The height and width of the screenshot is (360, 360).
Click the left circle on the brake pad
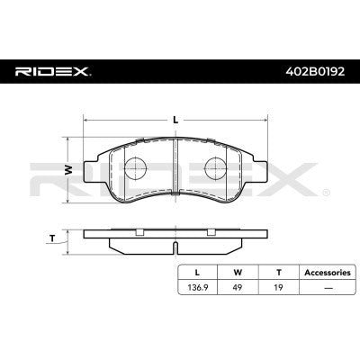click(135, 168)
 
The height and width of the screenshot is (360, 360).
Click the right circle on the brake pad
click(217, 168)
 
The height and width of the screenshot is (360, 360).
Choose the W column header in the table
click(238, 271)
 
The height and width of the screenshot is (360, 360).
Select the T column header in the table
click(277, 271)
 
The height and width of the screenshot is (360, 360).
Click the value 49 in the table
click(238, 288)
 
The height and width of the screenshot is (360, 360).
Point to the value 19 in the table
click(277, 288)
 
